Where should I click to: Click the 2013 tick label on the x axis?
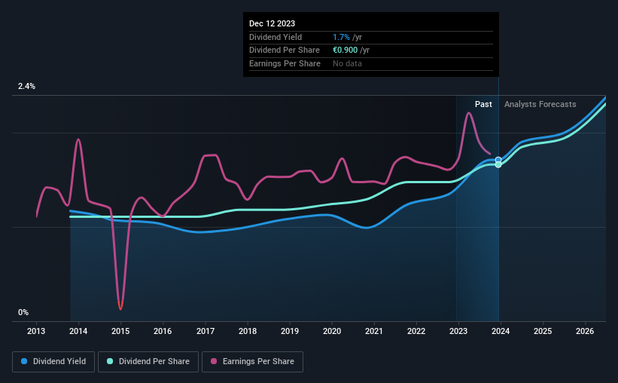(37, 331)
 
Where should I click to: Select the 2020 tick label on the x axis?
(332, 331)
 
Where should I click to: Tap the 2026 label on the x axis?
(585, 331)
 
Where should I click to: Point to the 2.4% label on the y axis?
(27, 87)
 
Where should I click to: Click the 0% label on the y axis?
(23, 312)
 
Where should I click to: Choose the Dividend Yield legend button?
(53, 362)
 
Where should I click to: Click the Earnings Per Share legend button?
(252, 362)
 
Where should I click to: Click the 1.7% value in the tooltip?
(340, 37)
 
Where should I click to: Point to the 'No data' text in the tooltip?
(349, 63)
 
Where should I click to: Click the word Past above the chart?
(483, 104)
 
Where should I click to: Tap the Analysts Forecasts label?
(540, 104)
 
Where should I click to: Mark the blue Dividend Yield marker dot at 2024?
(498, 160)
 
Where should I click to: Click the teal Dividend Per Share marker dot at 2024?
(498, 164)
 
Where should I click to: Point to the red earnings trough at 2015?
(120, 308)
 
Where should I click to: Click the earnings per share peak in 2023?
(468, 113)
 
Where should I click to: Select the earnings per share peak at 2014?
(78, 139)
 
